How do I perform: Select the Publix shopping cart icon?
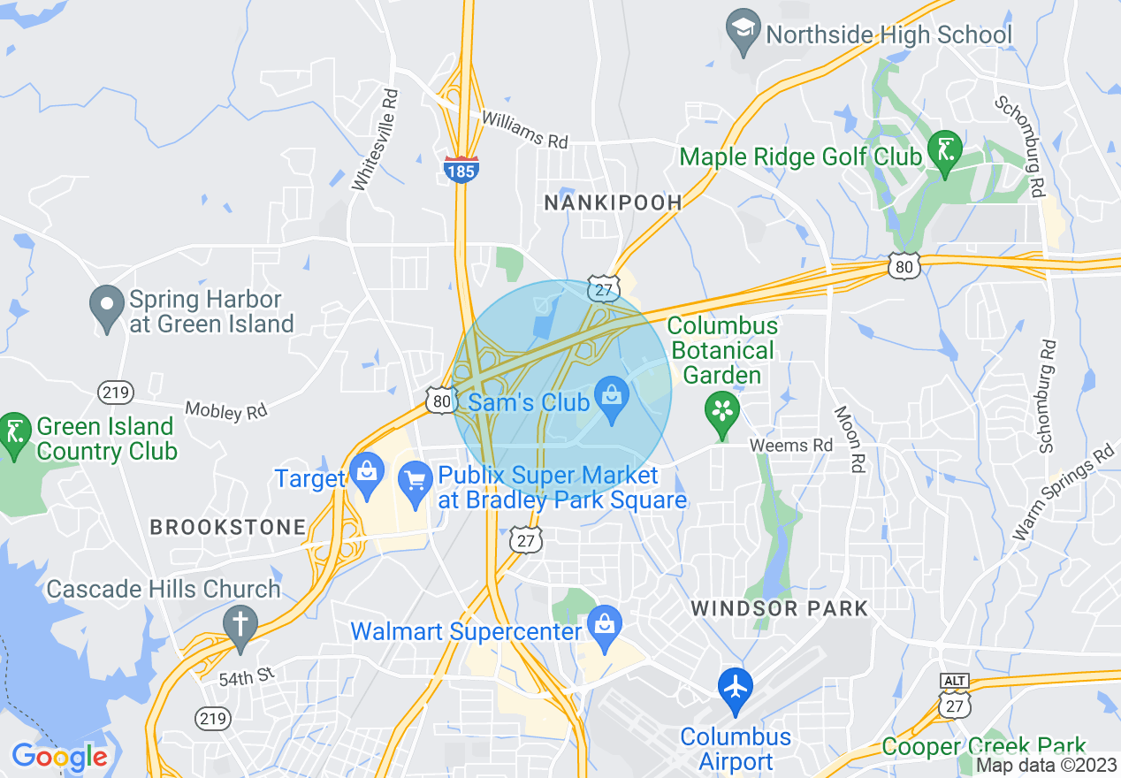[415, 481]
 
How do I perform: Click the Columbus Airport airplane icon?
[735, 686]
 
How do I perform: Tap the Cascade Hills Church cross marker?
[239, 624]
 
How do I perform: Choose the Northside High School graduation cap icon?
[742, 31]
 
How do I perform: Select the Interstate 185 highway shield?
[461, 168]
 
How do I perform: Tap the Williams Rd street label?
[524, 129]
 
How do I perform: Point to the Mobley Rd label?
[225, 410]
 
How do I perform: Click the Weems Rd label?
[791, 446]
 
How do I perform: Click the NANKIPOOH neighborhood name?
[613, 202]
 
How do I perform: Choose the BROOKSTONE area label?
[227, 528]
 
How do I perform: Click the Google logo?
[59, 757]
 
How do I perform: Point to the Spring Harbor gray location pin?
[107, 305]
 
